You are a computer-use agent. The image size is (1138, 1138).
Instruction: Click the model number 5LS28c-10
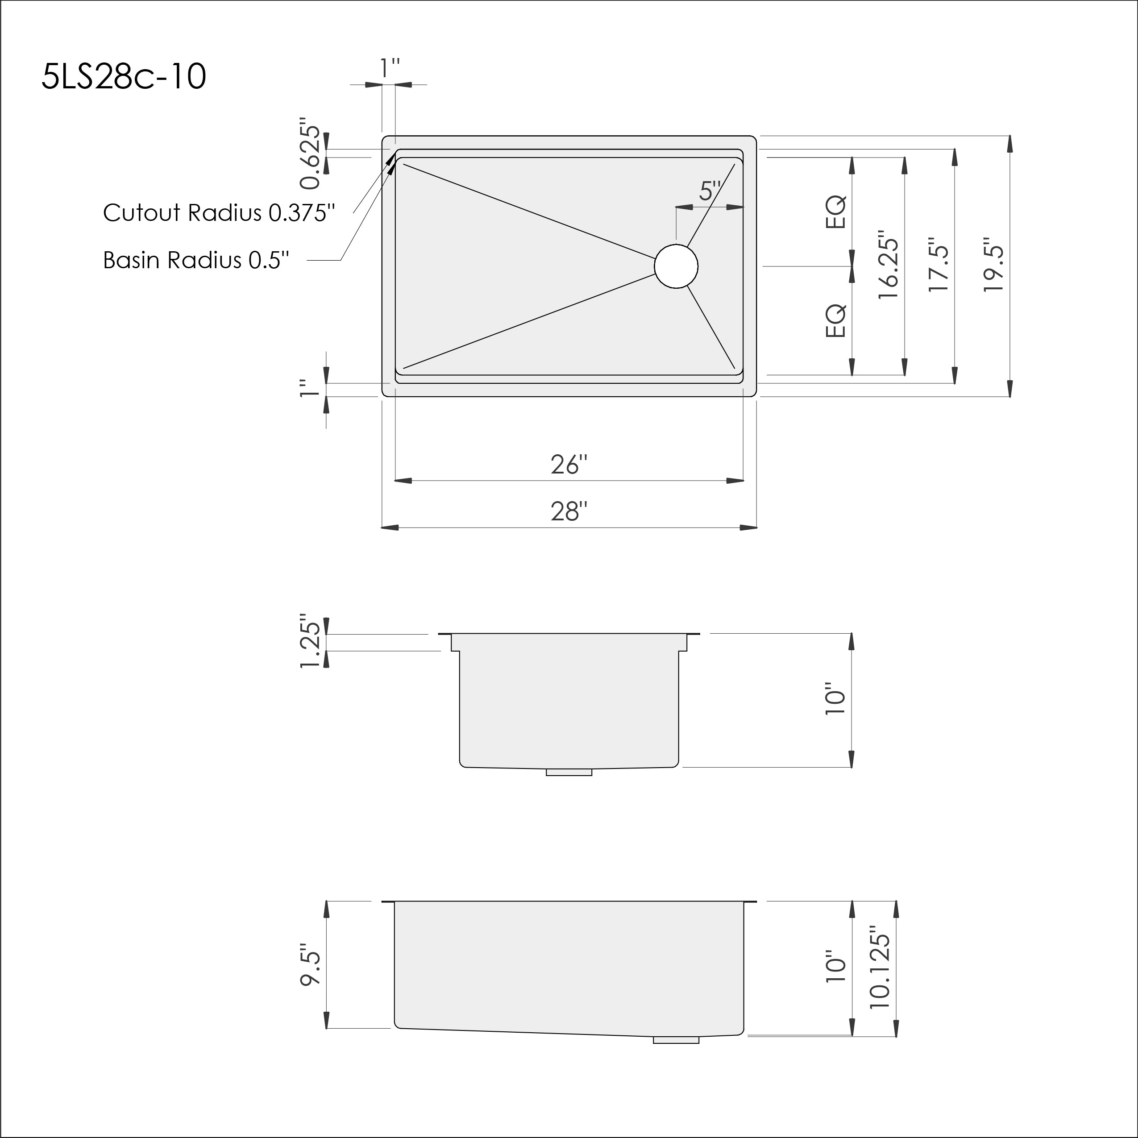[124, 77]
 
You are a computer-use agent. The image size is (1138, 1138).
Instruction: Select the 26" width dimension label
[569, 465]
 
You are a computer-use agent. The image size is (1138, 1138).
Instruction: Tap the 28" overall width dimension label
[569, 511]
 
